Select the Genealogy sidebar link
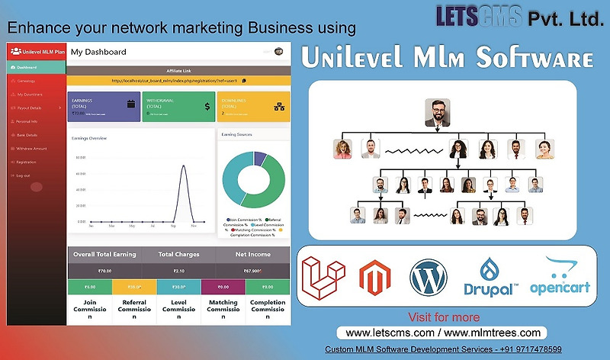pos(26,81)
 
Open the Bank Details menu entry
pos(27,135)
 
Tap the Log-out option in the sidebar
pos(23,175)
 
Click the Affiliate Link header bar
pos(179,70)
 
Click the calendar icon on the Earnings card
pos(130,104)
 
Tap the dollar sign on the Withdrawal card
pos(207,107)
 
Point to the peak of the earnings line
pos(183,166)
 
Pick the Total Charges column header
pos(178,254)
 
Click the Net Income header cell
pos(252,254)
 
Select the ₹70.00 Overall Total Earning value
pos(104,270)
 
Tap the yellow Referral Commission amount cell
pos(133,287)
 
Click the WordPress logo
pos(429,278)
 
